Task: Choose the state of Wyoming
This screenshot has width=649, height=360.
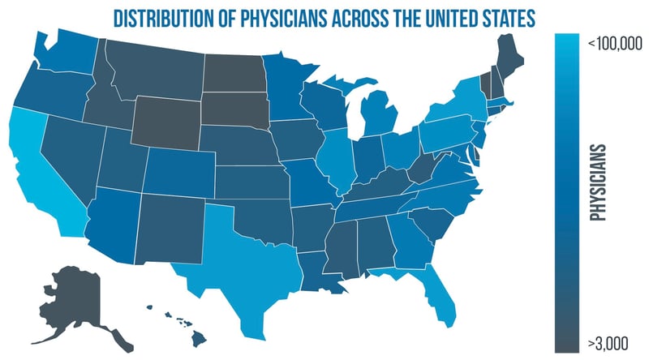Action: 167,122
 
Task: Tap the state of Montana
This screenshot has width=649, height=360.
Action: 154,69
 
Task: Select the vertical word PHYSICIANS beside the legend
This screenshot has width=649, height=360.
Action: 600,183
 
